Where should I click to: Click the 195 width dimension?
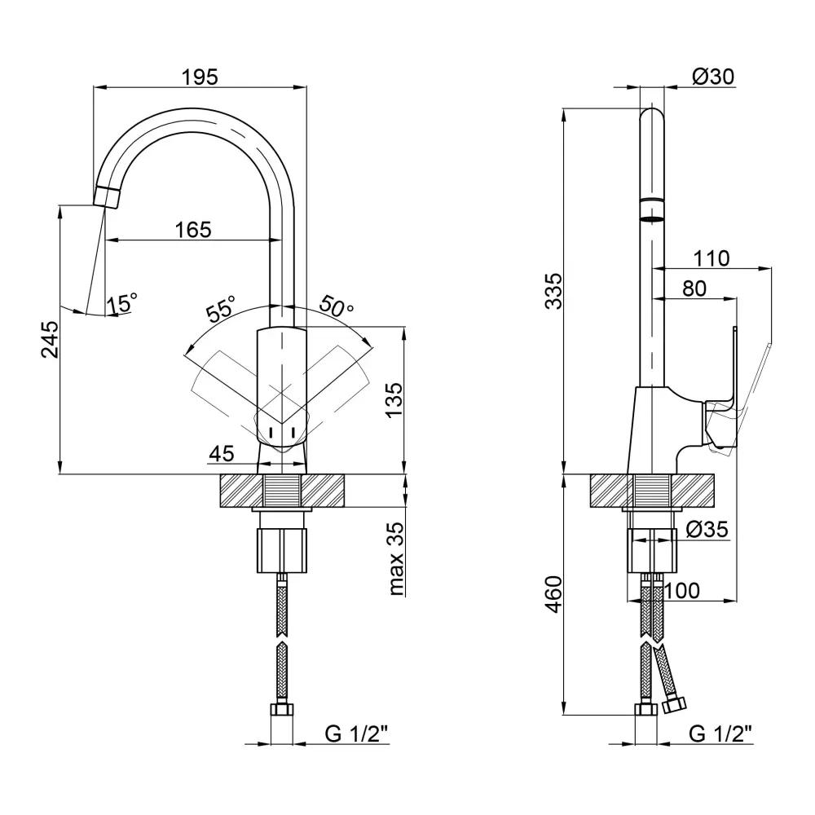point(200,77)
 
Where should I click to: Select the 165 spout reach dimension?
point(193,230)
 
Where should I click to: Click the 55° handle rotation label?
point(220,311)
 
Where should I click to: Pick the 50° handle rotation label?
point(337,307)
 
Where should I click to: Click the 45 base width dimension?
point(222,453)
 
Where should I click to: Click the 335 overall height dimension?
point(553,290)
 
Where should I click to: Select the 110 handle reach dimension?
point(711,258)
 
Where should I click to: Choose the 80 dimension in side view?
point(694,289)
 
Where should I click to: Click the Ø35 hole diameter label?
point(706,530)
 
